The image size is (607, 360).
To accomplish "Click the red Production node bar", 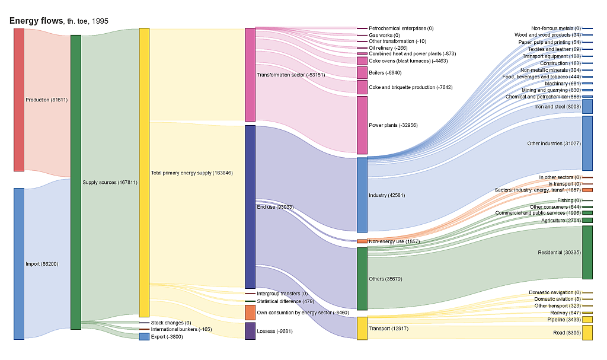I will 19,100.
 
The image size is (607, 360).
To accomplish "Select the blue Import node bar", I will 19,264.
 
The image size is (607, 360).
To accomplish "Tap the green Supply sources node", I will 76,182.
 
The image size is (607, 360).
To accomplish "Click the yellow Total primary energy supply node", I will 144,172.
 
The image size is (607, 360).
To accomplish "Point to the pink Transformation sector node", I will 250,75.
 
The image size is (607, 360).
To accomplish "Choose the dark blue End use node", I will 250,206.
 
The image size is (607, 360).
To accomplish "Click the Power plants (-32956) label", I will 393,125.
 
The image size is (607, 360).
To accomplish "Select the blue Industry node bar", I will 362,195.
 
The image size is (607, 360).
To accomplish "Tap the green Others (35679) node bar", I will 362,279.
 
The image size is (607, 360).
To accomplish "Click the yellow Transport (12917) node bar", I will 362,328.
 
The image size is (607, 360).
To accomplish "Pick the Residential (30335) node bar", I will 587,252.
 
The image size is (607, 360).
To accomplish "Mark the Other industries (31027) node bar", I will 587,144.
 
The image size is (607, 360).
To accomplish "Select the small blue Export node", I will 144,337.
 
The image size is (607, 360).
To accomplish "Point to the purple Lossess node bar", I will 250,331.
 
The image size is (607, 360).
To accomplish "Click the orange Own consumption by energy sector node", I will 250,312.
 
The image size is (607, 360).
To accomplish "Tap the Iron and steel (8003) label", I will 558,107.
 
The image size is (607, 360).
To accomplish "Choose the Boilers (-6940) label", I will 385,73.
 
